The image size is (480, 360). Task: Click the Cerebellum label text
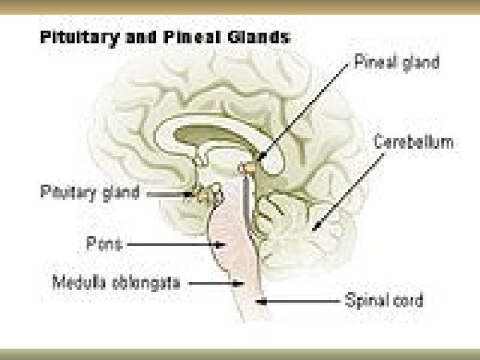[x=413, y=142]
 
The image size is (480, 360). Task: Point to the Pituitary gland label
[x=90, y=193]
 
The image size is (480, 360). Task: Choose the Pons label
[x=104, y=244]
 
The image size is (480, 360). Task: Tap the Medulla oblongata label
[x=116, y=283]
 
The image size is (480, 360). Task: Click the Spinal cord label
[x=383, y=301]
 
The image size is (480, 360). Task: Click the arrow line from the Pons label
[x=173, y=245]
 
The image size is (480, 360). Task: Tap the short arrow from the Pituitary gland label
[x=167, y=194]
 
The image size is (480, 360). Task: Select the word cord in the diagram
[x=408, y=301]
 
